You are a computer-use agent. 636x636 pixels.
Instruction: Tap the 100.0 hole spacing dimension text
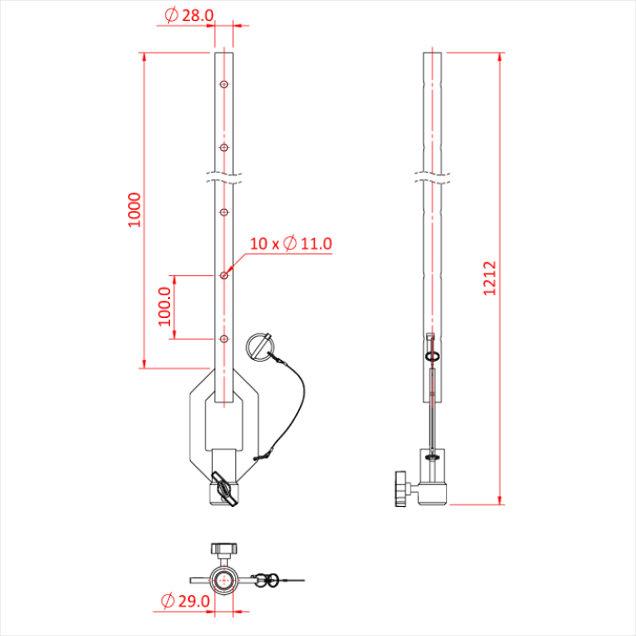[x=164, y=306]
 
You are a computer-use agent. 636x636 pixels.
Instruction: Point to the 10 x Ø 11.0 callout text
[x=291, y=243]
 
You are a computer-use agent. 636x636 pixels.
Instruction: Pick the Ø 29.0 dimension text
[x=185, y=601]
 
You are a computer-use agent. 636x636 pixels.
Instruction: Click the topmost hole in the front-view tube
[x=223, y=84]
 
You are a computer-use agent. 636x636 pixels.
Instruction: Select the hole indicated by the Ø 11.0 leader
[x=223, y=274]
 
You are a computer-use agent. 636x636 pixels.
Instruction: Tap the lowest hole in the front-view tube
[x=223, y=339]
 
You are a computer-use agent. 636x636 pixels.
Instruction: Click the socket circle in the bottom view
[x=223, y=579]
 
